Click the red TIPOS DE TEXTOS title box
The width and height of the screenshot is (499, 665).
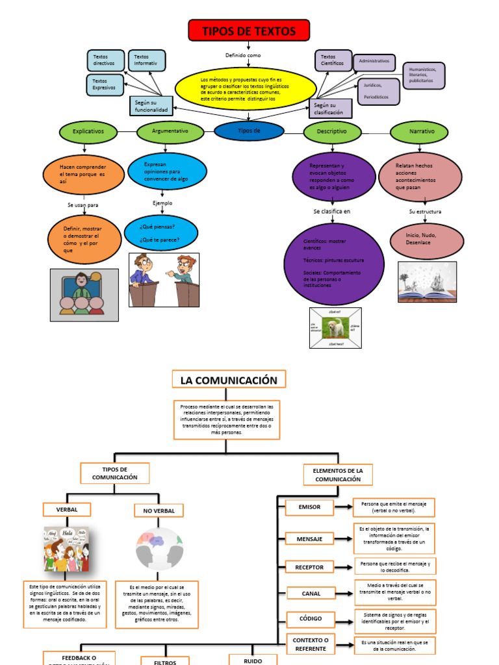[x=249, y=31]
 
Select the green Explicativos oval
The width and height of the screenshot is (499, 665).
[x=88, y=131]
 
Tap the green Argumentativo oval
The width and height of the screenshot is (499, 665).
[x=170, y=131]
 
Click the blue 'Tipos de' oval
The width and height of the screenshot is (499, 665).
[x=249, y=131]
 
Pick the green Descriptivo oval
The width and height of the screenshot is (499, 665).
[x=332, y=132]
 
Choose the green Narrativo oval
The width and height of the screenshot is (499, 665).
[x=422, y=132]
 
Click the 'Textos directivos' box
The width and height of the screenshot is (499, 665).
[x=105, y=60]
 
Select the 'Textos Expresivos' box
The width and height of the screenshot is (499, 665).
[x=105, y=84]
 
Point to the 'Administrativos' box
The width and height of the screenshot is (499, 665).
[x=374, y=62]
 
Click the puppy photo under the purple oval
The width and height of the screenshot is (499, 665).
[x=336, y=328]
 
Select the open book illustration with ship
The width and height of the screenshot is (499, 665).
[x=427, y=282]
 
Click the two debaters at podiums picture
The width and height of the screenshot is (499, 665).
[x=164, y=280]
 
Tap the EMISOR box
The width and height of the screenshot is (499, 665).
[x=310, y=507]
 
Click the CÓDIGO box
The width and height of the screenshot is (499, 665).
[x=310, y=619]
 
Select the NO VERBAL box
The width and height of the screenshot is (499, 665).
[x=159, y=511]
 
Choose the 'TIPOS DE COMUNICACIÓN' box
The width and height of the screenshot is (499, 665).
[x=115, y=473]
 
